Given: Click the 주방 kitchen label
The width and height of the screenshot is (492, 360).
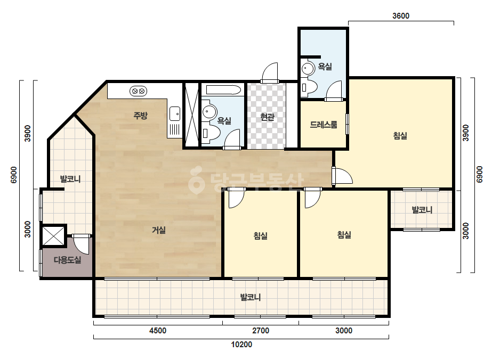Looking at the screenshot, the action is [x=140, y=116].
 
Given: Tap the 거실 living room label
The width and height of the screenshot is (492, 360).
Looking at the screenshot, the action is [x=159, y=230].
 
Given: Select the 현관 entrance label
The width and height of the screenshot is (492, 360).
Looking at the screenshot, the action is [x=268, y=117].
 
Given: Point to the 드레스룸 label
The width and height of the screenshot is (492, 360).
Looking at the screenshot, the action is [x=324, y=125].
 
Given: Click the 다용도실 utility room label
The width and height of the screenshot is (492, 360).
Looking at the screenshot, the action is [x=68, y=260].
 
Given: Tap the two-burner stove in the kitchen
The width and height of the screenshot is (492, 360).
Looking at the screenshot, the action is [x=139, y=91].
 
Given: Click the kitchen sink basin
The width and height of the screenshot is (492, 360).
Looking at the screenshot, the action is [x=175, y=113].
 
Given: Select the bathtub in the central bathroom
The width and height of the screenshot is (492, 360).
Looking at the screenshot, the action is [x=223, y=91].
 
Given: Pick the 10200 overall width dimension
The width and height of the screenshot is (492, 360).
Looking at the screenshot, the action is [x=241, y=345].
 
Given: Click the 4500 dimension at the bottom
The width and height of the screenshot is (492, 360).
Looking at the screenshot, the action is [x=158, y=331].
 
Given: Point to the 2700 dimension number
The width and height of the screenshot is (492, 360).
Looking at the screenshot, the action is [x=261, y=331].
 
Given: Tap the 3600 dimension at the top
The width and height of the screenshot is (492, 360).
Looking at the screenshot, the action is [x=401, y=15].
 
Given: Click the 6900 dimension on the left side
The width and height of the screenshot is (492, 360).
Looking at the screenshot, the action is [x=14, y=175].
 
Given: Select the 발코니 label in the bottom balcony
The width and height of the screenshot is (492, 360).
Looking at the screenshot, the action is [x=251, y=297].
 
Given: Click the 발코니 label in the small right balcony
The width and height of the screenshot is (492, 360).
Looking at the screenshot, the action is [x=422, y=210].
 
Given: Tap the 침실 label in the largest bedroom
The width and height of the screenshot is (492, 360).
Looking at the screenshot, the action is [x=400, y=136].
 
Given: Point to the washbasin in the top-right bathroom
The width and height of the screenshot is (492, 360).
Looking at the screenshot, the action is [x=308, y=69].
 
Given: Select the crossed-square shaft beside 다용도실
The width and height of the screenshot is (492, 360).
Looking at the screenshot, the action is [x=53, y=235].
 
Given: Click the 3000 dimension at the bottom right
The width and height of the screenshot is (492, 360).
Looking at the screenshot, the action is [x=344, y=331].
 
